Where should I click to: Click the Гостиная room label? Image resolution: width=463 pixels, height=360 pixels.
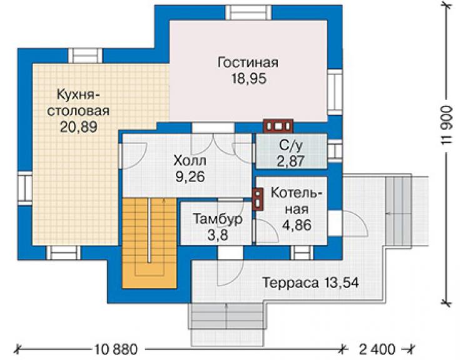click(x=248, y=63)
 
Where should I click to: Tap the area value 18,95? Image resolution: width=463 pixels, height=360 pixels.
click(x=249, y=79)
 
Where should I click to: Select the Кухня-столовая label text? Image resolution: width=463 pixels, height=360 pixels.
click(x=78, y=103)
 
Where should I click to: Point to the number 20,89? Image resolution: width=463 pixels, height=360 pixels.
click(x=79, y=127)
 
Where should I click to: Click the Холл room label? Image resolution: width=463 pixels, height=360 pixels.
click(x=190, y=161)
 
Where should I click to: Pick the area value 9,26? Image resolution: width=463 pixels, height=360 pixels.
click(x=190, y=177)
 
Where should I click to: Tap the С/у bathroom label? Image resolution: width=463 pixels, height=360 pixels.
click(x=291, y=145)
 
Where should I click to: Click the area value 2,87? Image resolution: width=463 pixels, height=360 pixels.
click(x=290, y=162)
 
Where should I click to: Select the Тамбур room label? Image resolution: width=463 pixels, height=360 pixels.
click(x=218, y=219)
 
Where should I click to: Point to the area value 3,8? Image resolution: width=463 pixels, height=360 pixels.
click(x=218, y=235)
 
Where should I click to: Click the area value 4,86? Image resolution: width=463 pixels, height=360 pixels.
click(x=297, y=225)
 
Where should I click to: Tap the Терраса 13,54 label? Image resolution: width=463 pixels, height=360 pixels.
click(x=310, y=282)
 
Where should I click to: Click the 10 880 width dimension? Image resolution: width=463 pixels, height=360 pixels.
click(x=116, y=349)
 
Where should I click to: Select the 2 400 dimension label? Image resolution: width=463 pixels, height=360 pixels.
click(x=377, y=349)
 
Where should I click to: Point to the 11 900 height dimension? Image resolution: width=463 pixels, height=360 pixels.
click(x=447, y=125)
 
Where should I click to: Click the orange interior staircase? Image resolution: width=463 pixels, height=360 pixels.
click(x=150, y=243)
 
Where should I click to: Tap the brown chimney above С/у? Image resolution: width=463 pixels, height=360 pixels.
click(x=278, y=126)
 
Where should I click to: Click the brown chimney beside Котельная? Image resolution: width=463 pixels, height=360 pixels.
click(x=258, y=199)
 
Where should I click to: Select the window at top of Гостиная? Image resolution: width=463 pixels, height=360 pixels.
click(x=248, y=13)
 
